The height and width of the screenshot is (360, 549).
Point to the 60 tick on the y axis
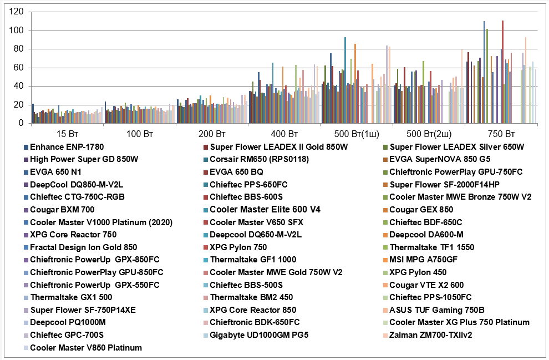pos(19,68)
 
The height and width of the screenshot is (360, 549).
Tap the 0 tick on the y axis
pos(21,124)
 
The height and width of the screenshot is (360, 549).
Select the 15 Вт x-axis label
pos(68,134)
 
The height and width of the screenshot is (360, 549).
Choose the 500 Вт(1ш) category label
pos(356,134)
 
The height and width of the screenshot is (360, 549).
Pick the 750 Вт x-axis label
pos(500,134)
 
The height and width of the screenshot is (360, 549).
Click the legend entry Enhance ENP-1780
pos(67,147)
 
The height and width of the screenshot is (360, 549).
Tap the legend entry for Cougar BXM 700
pos(62,210)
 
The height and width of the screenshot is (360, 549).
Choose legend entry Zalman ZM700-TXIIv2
pos(430,335)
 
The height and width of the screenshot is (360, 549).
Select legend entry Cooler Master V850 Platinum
pos(86,348)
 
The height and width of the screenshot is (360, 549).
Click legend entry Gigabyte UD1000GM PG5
pos(258,335)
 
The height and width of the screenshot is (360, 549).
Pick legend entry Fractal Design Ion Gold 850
pos(84,247)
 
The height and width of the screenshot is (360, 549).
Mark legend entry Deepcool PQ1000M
pos(68,322)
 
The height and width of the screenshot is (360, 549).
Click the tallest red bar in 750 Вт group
pos(502,72)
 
